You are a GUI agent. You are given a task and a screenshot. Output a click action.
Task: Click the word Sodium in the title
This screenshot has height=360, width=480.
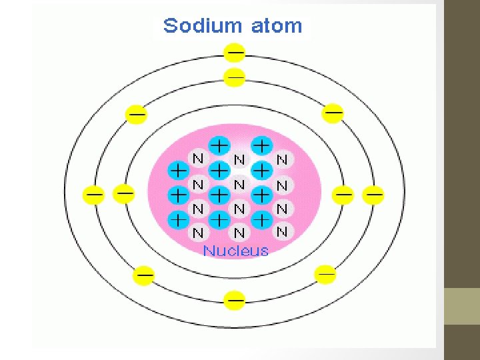pos(203,26)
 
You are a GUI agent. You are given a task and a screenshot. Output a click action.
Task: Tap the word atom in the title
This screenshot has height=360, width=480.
pos(276,26)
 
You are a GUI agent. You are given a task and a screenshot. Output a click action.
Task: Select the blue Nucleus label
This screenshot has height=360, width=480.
pos(236,251)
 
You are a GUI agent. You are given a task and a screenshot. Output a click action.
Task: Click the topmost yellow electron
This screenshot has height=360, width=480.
pos(234,51)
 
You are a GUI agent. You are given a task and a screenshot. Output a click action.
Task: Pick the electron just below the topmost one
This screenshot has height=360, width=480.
pos(235,77)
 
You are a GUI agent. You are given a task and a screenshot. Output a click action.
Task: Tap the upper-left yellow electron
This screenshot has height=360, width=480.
pos(137,114)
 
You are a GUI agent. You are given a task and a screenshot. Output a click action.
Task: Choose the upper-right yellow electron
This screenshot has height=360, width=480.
pos(333,113)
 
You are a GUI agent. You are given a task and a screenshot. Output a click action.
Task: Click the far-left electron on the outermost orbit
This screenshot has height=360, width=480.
pos(94,195)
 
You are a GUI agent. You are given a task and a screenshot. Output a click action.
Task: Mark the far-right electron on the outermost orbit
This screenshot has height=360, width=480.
pos(373,195)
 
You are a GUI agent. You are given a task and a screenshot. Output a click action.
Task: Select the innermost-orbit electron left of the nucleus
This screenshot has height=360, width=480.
pos(124,194)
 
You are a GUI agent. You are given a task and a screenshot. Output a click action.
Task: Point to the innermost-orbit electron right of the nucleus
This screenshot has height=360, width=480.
pos(343,195)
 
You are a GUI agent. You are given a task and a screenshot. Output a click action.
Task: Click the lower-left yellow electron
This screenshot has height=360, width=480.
pos(145,274)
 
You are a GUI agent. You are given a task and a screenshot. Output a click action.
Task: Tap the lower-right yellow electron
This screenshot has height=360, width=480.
pos(325,273)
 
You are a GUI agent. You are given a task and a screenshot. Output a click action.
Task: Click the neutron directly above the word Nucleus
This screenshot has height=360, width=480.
pos(239,233)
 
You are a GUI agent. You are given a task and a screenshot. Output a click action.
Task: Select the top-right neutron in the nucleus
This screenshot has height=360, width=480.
pos(282,160)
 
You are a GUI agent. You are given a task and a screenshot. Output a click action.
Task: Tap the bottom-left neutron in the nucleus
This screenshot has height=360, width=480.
pos(198,233)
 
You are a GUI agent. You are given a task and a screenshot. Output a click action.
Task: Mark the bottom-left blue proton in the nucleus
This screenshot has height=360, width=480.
pos(178,218)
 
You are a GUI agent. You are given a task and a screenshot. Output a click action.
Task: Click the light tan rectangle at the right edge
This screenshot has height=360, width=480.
pos(462,306)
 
